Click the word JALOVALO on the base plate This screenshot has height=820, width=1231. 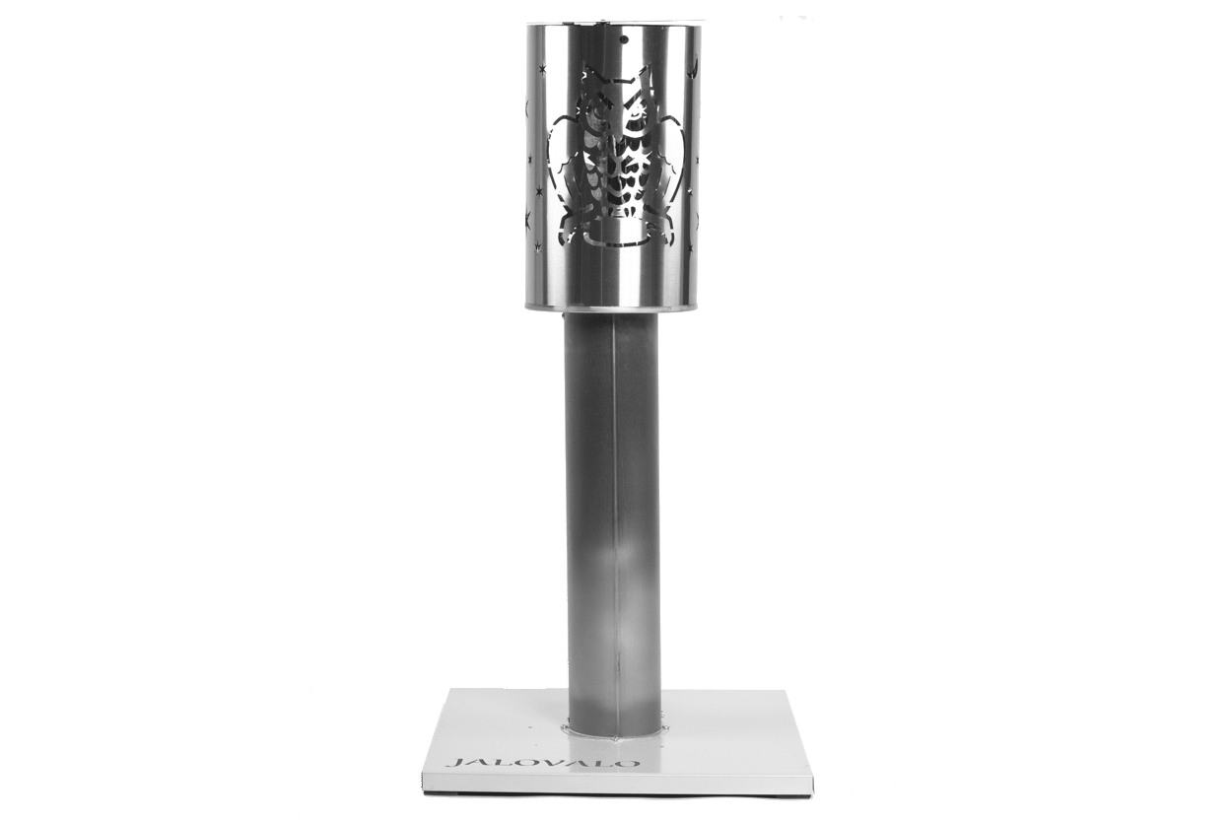click(x=542, y=763)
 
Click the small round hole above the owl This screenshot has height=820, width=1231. click(x=624, y=40)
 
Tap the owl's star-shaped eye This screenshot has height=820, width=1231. click(x=638, y=116)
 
